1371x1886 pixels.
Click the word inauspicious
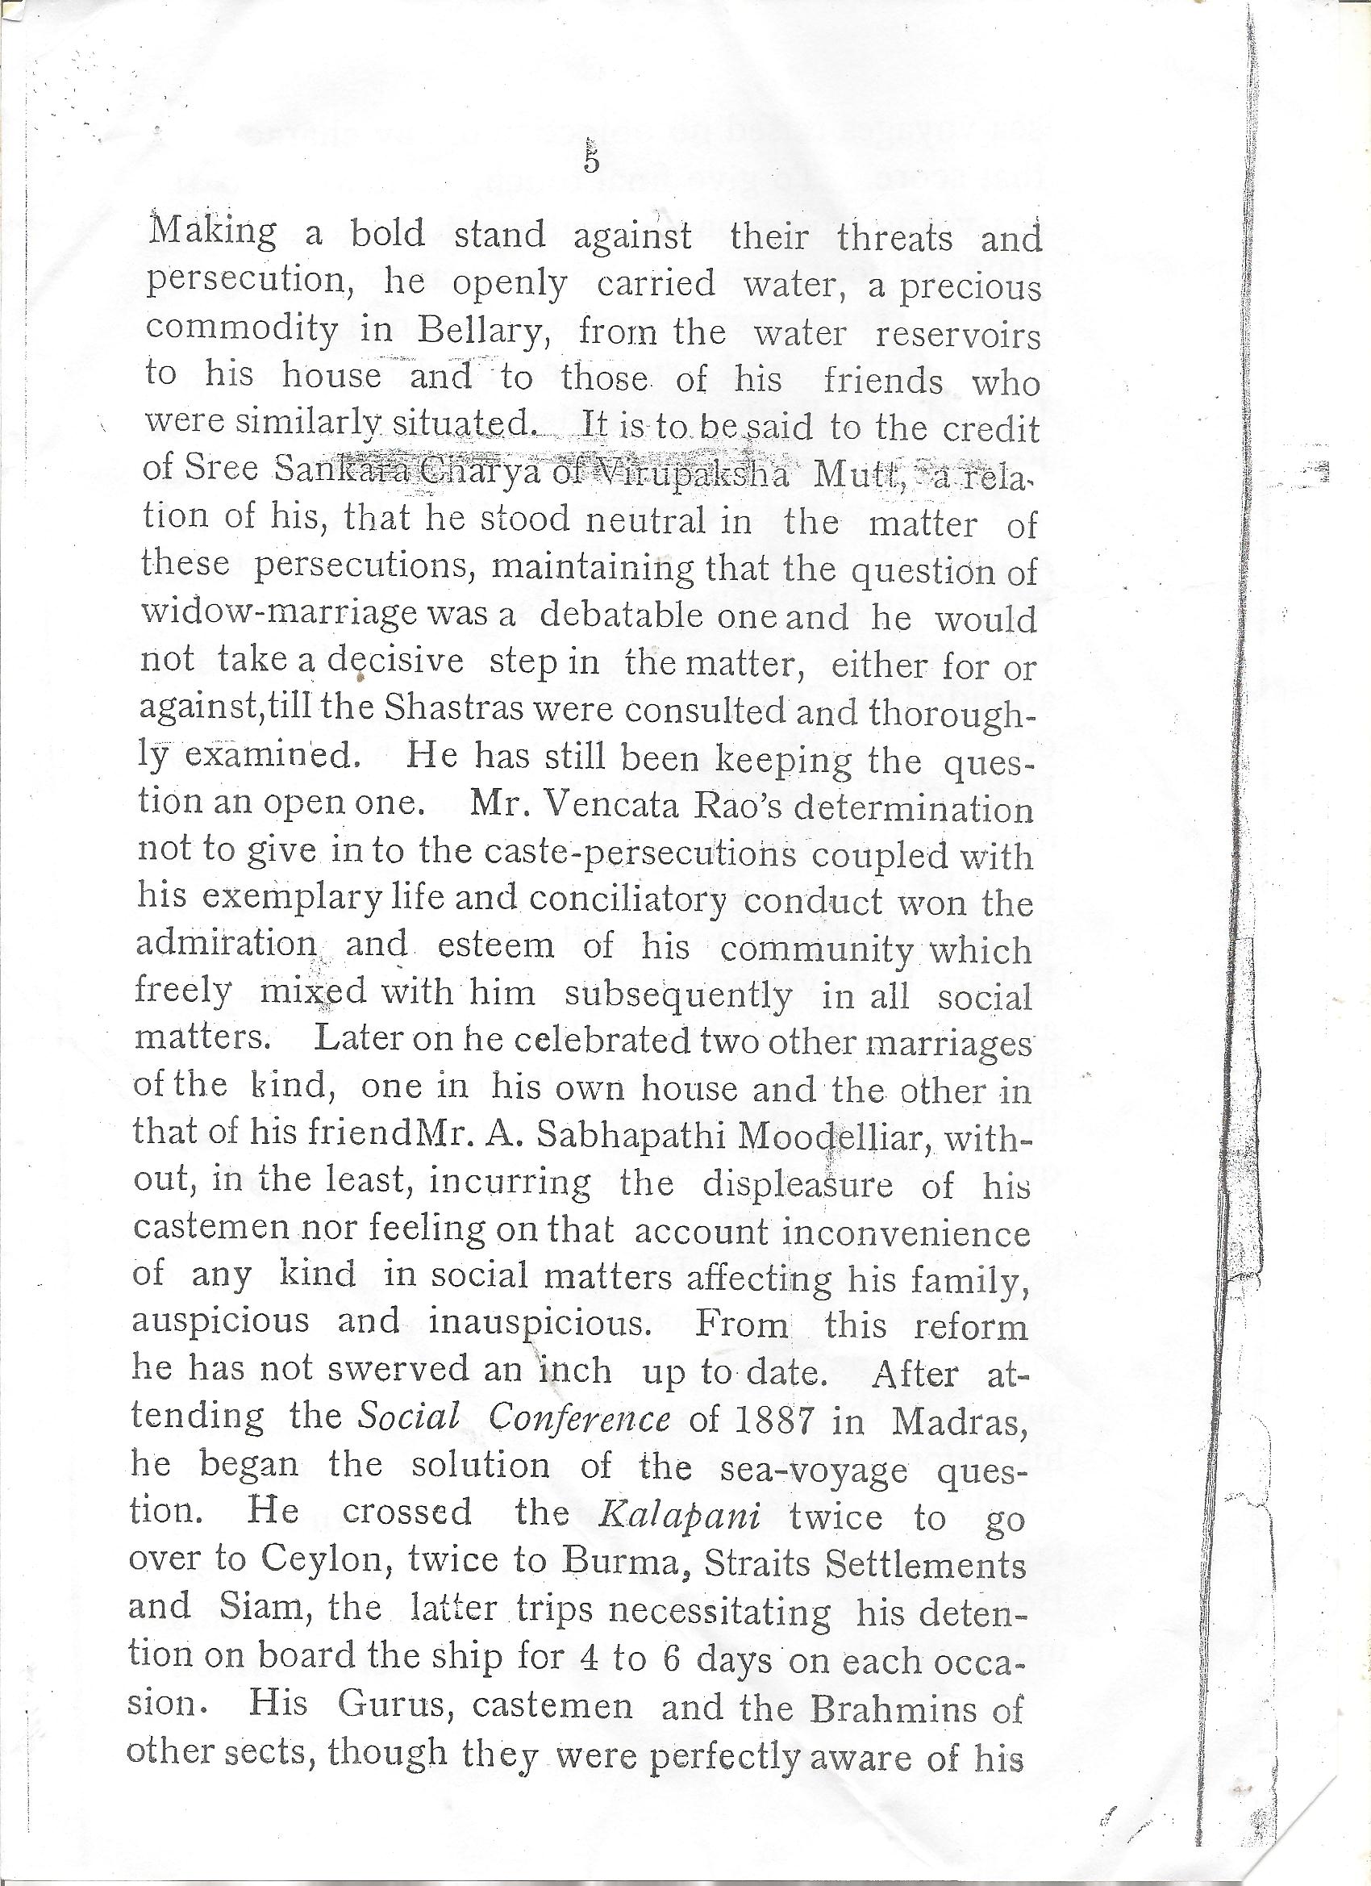(539, 1325)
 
